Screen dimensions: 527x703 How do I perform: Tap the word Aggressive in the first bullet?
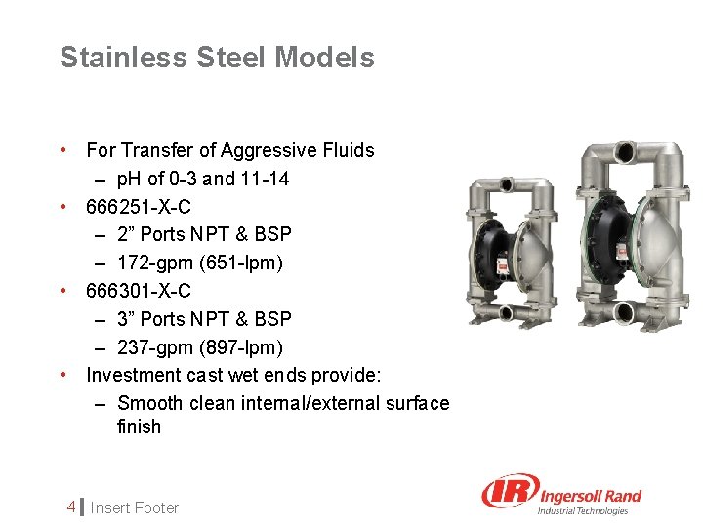coord(269,150)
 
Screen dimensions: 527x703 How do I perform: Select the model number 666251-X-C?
coord(139,207)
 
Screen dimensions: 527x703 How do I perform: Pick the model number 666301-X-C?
coord(139,291)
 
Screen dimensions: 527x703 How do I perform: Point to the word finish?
coord(139,426)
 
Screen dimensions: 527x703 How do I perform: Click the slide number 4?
coord(71,507)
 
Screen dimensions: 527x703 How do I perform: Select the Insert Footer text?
coord(136,507)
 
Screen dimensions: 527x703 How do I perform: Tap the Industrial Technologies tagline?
coord(584,510)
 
